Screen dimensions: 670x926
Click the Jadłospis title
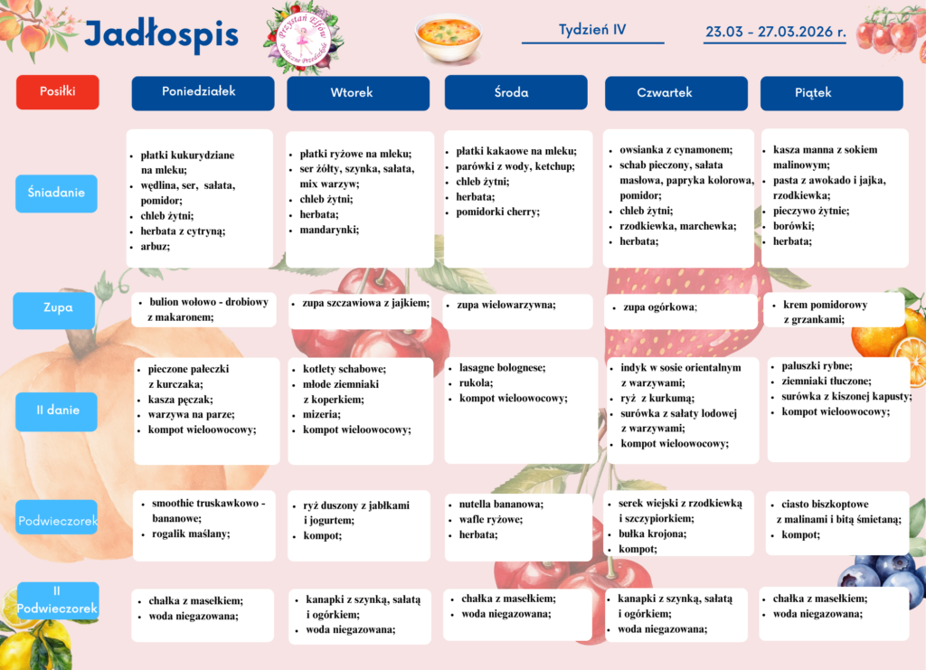[161, 35]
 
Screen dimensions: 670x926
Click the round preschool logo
[303, 37]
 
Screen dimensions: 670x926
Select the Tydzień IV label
[592, 29]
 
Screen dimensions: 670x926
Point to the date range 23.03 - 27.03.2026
[775, 32]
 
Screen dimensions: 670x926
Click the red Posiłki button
[57, 91]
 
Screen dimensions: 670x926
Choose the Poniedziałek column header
[203, 92]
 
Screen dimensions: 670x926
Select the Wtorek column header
[357, 93]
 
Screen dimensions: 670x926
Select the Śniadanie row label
[56, 193]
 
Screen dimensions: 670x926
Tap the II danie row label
[57, 410]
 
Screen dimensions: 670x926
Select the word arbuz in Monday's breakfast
[155, 246]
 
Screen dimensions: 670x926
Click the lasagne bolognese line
[502, 368]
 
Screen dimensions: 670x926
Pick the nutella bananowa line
[501, 504]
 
